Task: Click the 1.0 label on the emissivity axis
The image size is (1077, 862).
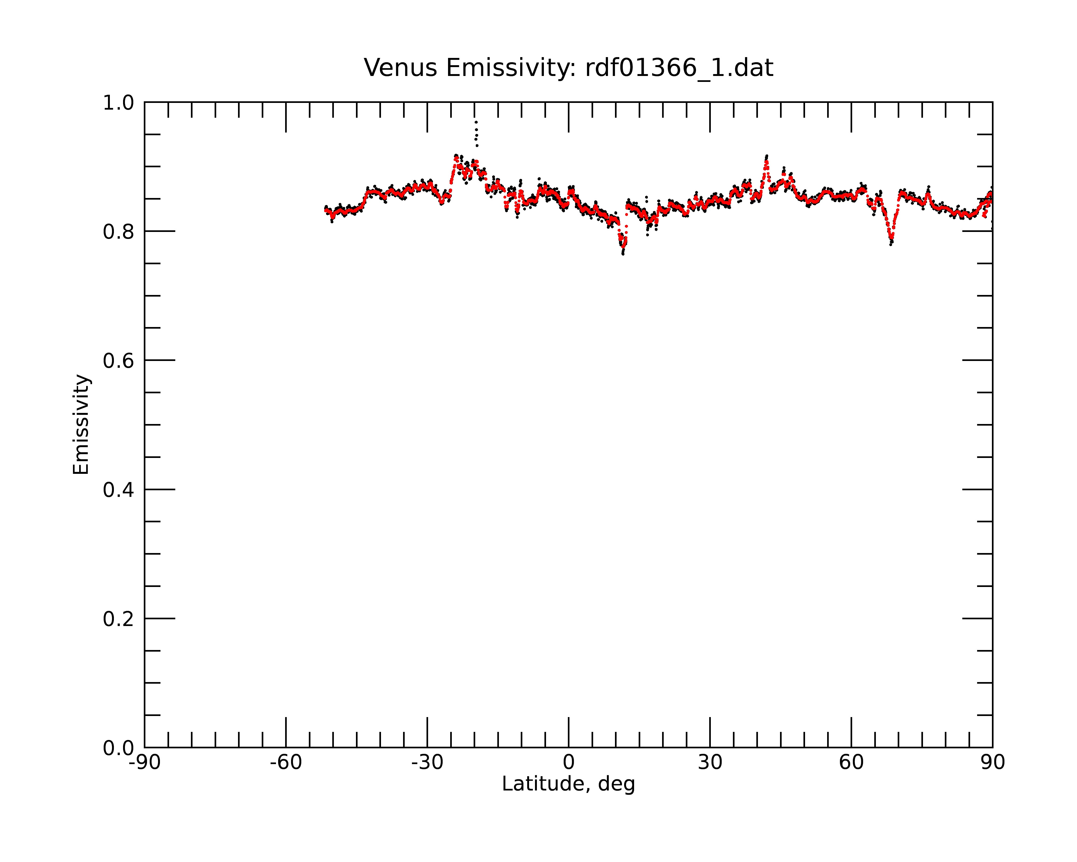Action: pyautogui.click(x=118, y=103)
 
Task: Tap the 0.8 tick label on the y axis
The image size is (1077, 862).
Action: pyautogui.click(x=118, y=232)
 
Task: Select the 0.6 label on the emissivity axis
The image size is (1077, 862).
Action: pyautogui.click(x=118, y=361)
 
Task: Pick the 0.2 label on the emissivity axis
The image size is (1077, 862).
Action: pyautogui.click(x=118, y=619)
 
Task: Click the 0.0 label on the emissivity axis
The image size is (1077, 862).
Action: pyautogui.click(x=118, y=748)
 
